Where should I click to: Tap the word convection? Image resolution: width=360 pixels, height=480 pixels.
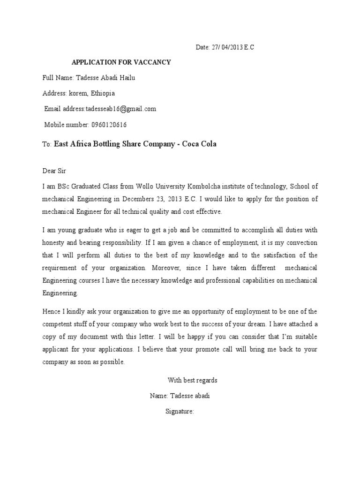tap(301, 243)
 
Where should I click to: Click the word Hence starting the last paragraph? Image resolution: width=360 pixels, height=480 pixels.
tap(50, 312)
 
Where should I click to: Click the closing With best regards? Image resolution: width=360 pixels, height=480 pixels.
tap(193, 380)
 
